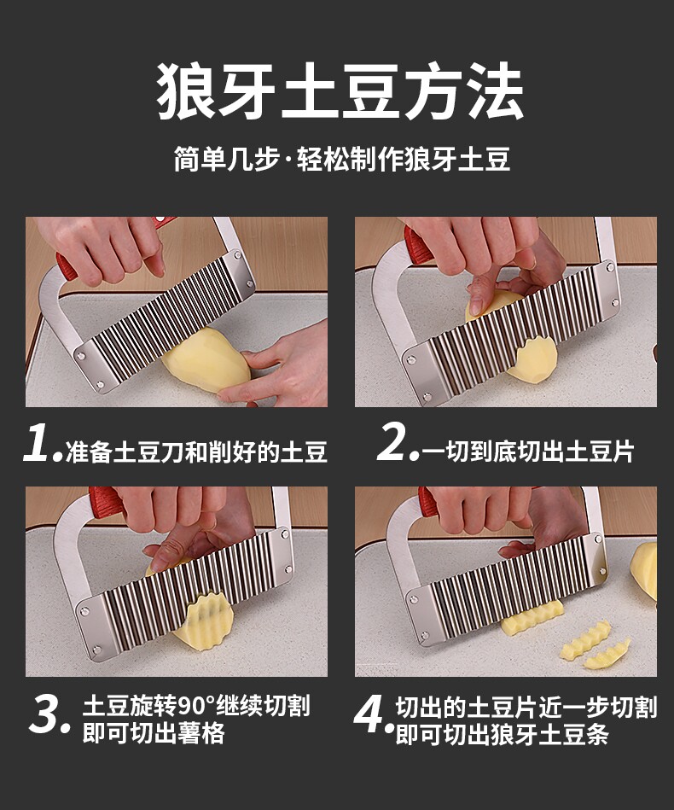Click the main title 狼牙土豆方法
tap(340, 92)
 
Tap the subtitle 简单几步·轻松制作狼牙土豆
tap(342, 159)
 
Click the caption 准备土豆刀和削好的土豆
tap(196, 452)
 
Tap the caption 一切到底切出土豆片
tap(528, 451)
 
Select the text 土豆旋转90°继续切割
tap(196, 705)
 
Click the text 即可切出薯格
tap(154, 732)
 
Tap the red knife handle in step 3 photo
tap(107, 502)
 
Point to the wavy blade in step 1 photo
tap(165, 319)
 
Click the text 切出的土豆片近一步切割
tap(526, 707)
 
